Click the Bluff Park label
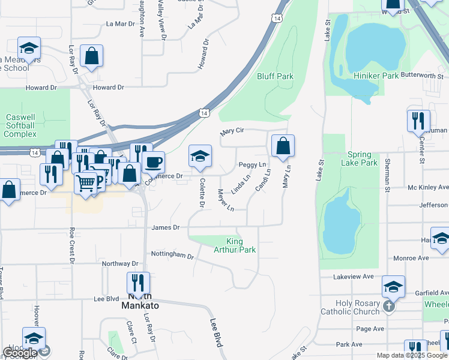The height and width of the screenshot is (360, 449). click(275, 76)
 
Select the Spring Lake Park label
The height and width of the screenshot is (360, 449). click(359, 158)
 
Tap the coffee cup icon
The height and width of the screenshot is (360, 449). click(153, 161)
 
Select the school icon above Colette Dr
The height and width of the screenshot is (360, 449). click(200, 156)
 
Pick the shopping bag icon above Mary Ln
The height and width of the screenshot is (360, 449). click(283, 146)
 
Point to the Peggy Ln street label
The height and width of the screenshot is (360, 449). click(252, 164)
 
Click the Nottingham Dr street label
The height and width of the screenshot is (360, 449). click(172, 256)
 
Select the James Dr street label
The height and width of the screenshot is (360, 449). click(166, 227)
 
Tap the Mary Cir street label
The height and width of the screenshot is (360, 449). click(232, 131)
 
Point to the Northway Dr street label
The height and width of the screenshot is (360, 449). click(120, 263)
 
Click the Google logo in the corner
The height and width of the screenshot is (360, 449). click(20, 353)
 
